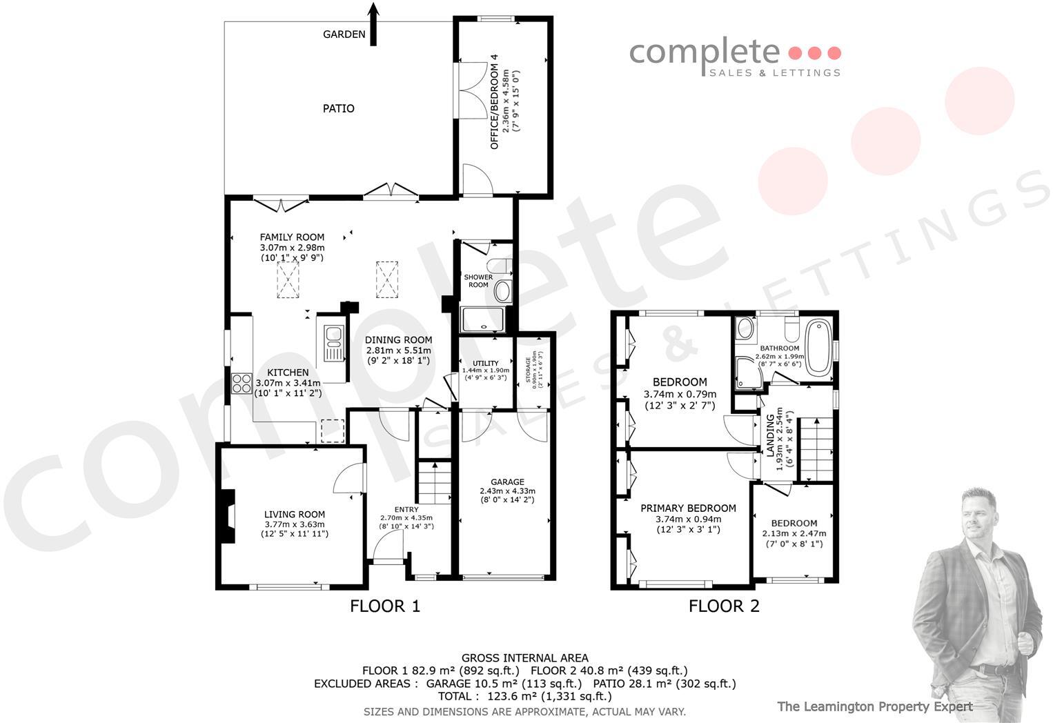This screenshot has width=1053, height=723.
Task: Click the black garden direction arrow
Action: pyautogui.click(x=373, y=24)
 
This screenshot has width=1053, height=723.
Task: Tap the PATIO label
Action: pyautogui.click(x=339, y=108)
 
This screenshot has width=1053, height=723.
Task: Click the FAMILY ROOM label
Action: pyautogui.click(x=292, y=237)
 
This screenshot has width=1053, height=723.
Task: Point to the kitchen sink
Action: pyautogui.click(x=334, y=343)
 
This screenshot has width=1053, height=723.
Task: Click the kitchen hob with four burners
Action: pyautogui.click(x=242, y=383)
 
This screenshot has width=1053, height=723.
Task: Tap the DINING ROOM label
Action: pyautogui.click(x=398, y=339)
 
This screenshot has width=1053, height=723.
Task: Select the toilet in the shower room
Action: pyautogui.click(x=499, y=266)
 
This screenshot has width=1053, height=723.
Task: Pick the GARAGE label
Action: pyautogui.click(x=507, y=482)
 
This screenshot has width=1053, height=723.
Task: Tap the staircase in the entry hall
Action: pyautogui.click(x=434, y=483)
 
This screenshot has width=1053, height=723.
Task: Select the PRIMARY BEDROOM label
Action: pyautogui.click(x=688, y=508)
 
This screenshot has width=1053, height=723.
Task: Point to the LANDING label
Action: pyautogui.click(x=771, y=435)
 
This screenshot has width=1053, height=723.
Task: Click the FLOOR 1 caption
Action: pyautogui.click(x=385, y=606)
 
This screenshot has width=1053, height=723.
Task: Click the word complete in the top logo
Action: pyautogui.click(x=704, y=52)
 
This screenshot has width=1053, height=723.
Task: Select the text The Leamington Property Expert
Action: pyautogui.click(x=874, y=706)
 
